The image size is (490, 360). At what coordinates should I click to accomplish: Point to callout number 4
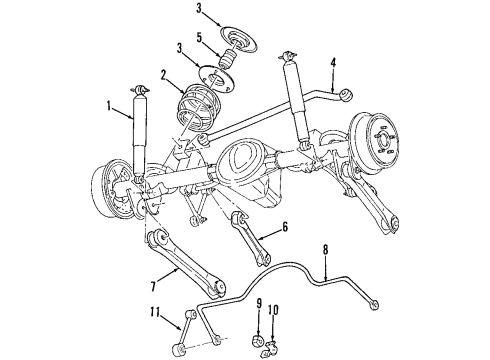click(332, 64)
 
